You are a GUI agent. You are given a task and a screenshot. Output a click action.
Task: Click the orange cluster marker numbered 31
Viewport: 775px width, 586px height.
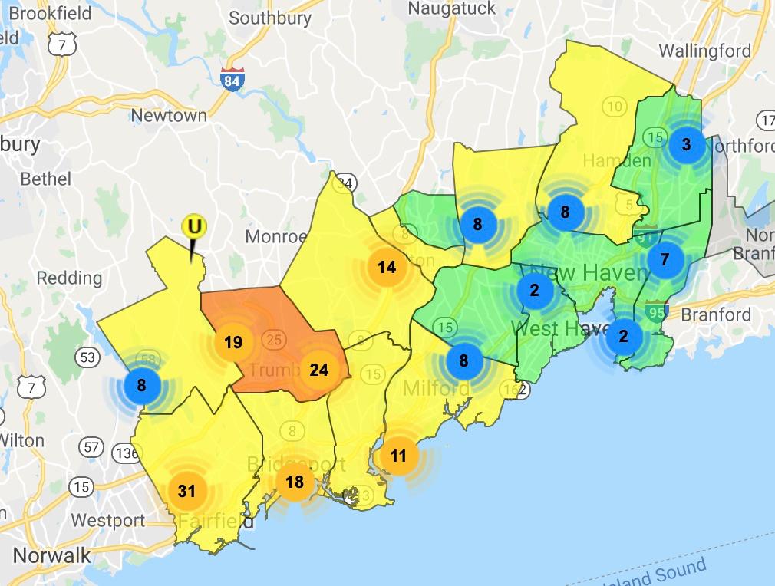pos(187,491)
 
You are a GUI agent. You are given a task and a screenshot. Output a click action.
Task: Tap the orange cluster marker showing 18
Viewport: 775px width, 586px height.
pos(295,482)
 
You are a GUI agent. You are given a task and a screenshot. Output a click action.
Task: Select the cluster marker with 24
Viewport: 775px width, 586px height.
pos(319,370)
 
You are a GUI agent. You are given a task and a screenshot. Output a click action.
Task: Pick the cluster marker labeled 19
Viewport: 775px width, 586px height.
pos(233,342)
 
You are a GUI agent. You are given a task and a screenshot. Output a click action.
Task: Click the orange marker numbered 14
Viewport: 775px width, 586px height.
pos(387,267)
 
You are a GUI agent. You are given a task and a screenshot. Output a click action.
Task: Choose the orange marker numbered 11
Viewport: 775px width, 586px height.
pos(398,456)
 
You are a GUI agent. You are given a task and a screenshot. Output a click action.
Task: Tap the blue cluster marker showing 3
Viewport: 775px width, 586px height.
pos(686,144)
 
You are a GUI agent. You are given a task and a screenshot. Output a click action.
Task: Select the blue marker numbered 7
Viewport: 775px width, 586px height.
pos(665,259)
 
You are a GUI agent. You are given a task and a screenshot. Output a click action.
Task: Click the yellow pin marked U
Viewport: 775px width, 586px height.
pos(194,226)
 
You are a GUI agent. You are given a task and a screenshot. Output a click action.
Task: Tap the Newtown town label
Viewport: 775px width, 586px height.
pos(169,116)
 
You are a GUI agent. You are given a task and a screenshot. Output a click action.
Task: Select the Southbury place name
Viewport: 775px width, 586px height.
pos(270,18)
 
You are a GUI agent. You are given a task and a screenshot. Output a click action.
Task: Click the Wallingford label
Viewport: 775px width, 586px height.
pos(704,51)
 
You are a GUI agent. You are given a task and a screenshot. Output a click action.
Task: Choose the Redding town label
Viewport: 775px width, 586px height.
pos(69,277)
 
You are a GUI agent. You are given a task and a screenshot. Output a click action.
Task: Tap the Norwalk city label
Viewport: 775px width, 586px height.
pos(51,555)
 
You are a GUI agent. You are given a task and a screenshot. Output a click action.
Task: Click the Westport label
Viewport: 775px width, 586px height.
pos(107,520)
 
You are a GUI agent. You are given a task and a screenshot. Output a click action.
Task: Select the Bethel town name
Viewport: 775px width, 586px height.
pos(45,179)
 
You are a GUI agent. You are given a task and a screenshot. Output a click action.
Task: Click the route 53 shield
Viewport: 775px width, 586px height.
pos(88,357)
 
